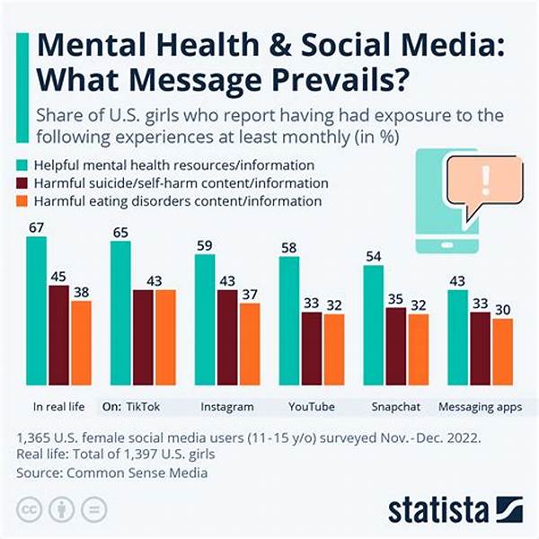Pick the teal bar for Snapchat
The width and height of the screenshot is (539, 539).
point(374,327)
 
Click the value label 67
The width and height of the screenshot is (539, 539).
point(36,228)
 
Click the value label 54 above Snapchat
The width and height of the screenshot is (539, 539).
point(374,256)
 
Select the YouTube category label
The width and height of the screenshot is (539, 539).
point(311,407)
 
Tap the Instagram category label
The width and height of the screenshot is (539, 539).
point(226,407)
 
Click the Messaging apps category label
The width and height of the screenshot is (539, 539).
point(480,407)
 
